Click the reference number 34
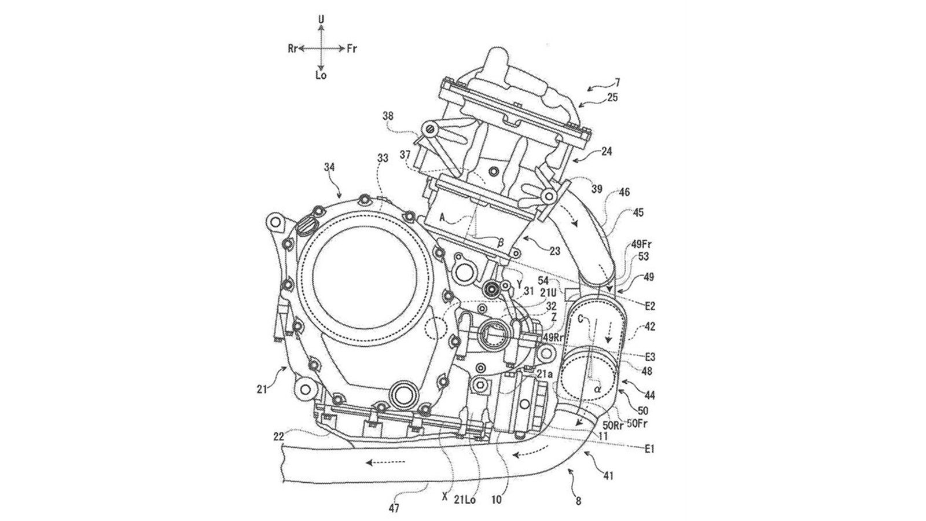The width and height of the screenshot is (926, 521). tap(329, 167)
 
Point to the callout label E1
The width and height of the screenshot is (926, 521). tap(648, 449)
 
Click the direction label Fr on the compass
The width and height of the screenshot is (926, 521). tap(351, 49)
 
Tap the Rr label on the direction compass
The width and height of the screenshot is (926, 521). tap(293, 49)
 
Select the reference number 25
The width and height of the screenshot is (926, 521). tap(613, 98)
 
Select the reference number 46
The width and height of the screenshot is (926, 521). tap(624, 192)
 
